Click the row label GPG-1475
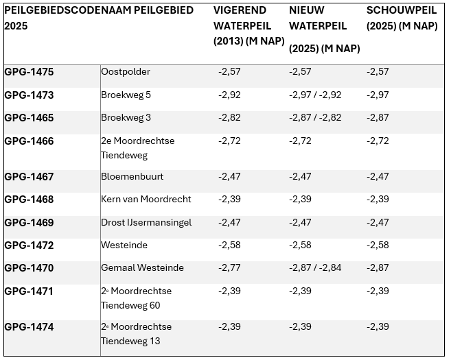pos(29,72)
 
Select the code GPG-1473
pos(29,95)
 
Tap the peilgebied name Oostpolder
pos(126,72)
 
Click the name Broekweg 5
pos(126,95)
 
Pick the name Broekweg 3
pos(126,118)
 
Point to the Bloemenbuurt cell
pos(132,177)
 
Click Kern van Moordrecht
pos(146,200)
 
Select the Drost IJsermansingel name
pos(146,223)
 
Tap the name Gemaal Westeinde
pos(142,268)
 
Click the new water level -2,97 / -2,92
pos(315,95)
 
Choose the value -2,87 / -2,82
pos(315,118)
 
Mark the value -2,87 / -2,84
pos(315,268)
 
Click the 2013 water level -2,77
pos(229,268)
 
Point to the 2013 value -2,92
pos(229,95)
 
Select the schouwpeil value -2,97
pos(378,95)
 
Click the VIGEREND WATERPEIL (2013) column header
pos(248,26)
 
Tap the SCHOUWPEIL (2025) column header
pos(402,19)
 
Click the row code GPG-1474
pos(29,328)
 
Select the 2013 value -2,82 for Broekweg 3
pos(229,118)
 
